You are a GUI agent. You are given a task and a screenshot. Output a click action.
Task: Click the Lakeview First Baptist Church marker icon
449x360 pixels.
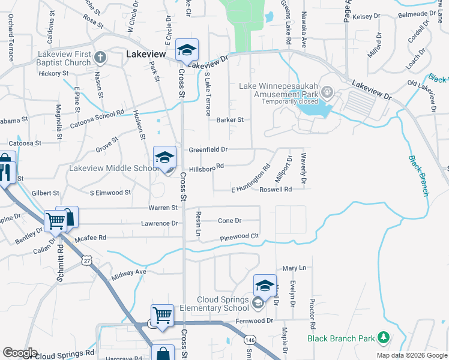[100, 58]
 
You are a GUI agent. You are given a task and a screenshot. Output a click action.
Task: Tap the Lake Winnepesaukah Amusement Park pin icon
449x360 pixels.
[327, 92]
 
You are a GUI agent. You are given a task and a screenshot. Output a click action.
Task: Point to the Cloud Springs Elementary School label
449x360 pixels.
[223, 304]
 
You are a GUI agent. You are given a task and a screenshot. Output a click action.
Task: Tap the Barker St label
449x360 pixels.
[229, 120]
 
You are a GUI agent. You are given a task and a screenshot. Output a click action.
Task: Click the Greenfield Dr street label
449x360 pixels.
[208, 149]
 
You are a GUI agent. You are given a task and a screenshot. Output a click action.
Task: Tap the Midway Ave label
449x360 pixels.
[129, 272]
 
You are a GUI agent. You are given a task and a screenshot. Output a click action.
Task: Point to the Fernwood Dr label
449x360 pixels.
[256, 321]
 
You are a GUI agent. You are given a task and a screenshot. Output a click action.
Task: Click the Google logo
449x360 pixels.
[20, 353]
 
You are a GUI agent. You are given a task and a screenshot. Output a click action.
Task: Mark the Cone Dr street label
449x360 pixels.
[229, 221]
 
